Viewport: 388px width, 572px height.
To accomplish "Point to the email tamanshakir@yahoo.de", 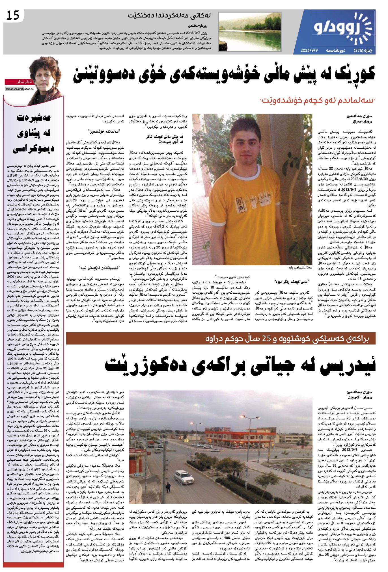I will [x=20, y=89].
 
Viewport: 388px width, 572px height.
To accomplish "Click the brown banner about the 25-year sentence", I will [x=221, y=338].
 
